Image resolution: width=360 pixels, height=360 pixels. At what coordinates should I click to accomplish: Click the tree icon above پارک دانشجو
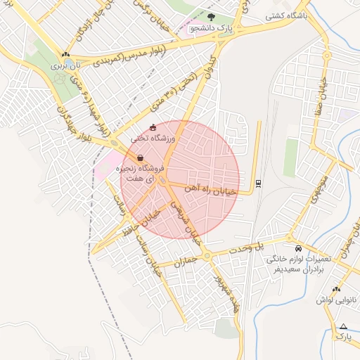(212, 15)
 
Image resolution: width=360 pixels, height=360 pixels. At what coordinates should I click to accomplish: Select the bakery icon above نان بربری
(65, 54)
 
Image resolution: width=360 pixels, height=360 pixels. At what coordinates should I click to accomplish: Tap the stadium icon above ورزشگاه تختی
(153, 128)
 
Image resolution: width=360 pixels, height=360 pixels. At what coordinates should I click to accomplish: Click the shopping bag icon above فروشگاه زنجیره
(141, 158)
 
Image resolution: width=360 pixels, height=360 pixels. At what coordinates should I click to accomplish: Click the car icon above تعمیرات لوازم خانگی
(299, 249)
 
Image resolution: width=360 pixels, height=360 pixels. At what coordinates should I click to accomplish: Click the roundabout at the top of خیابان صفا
(326, 55)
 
